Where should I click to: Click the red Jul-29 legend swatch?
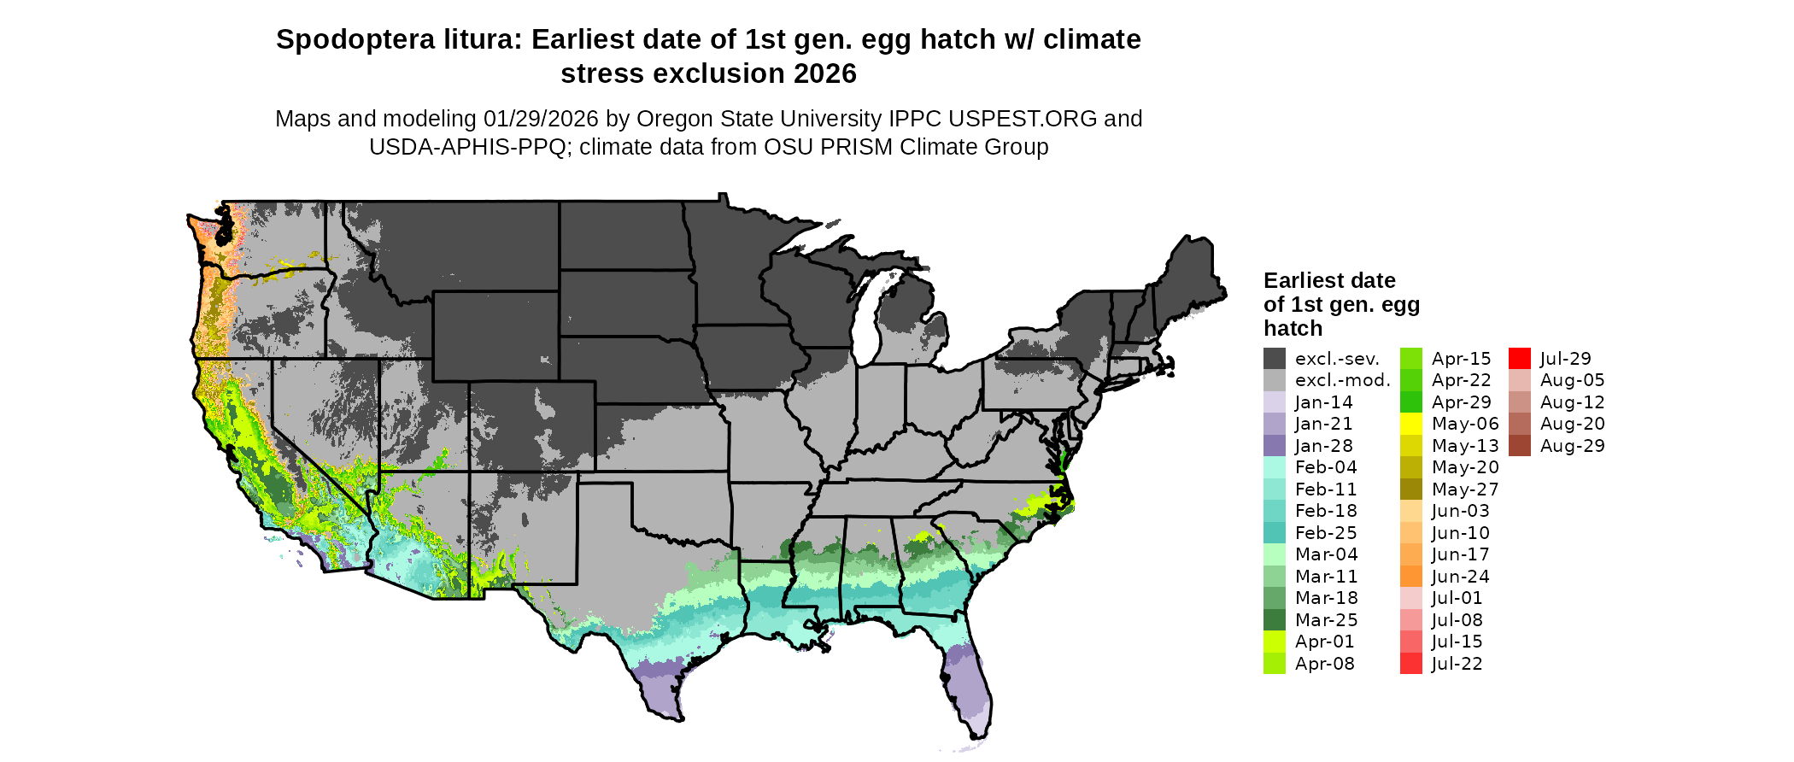click(1519, 359)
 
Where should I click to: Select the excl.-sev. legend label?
click(1337, 359)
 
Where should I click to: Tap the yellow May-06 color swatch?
click(1411, 424)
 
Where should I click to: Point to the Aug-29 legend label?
click(1572, 446)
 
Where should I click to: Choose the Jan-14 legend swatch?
click(1275, 402)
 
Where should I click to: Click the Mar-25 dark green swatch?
click(1275, 620)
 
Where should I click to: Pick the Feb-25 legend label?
click(1326, 533)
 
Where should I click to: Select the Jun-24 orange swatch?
click(1411, 577)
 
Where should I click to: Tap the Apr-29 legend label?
click(1461, 402)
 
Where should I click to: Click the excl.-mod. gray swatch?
click(1275, 380)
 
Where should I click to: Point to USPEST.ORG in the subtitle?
click(1022, 119)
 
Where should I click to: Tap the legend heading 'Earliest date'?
click(1329, 280)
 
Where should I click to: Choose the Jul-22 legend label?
click(1457, 664)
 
